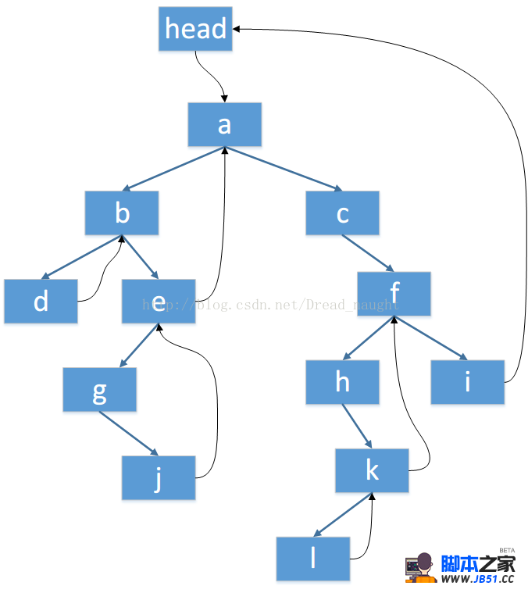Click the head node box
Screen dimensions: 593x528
coord(195,29)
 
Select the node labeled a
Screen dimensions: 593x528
coord(224,124)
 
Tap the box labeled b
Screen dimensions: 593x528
coord(122,213)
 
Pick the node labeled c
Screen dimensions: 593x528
coord(342,213)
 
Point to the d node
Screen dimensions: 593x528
coord(41,301)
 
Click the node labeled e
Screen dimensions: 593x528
coord(159,301)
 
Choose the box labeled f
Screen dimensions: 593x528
coord(394,294)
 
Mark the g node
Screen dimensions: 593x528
coord(99,389)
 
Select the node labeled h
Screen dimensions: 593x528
coord(342,382)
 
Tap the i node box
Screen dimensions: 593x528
coord(467,382)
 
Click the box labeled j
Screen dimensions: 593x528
coord(158,477)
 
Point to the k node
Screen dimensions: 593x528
coord(372,470)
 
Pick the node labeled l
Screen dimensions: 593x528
coord(312,559)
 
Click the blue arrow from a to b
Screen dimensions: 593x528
coord(173,168)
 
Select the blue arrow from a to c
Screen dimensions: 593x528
coord(284,168)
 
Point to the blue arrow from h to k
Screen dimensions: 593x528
coord(357,427)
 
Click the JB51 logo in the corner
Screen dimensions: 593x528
coord(460,567)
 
